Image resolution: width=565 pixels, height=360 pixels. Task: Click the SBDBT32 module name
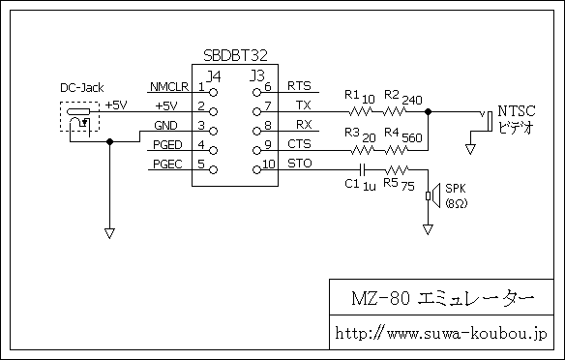click(x=237, y=57)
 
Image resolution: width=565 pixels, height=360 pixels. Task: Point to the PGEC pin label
click(x=166, y=165)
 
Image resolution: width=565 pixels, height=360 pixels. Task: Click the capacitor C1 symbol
click(x=362, y=168)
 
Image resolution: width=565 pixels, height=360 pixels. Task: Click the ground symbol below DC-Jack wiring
click(x=109, y=232)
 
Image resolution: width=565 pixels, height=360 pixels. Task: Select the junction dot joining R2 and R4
click(x=429, y=111)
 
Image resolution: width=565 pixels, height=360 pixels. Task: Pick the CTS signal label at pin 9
click(x=299, y=143)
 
